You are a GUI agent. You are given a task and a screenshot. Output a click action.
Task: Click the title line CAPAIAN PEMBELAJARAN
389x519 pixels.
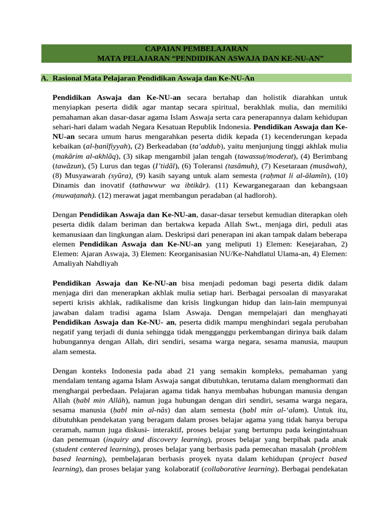(x=197, y=49)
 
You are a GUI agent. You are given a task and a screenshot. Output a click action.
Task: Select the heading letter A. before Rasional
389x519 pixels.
(x=45, y=78)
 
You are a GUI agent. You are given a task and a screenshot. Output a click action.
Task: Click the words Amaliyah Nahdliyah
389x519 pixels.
(x=85, y=264)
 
